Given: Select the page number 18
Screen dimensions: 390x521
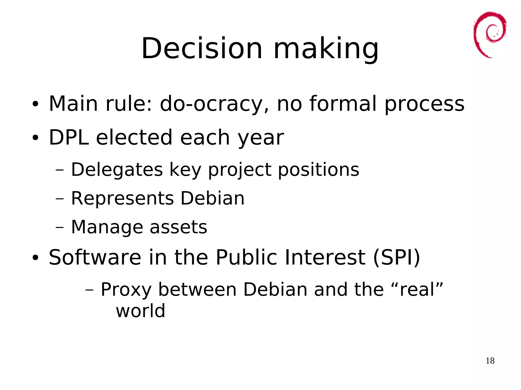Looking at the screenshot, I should (x=490, y=361).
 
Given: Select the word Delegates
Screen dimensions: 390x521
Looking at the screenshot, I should (x=117, y=169).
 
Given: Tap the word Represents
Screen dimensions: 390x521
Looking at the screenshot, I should (x=122, y=198).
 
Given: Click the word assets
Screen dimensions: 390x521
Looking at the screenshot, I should (x=178, y=227).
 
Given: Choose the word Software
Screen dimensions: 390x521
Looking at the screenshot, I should (x=95, y=257).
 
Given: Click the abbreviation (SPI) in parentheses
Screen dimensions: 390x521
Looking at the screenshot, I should (x=396, y=257).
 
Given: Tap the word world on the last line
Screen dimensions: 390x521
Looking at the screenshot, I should (x=140, y=311).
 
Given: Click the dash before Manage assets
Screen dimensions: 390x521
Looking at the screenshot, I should (x=59, y=227).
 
